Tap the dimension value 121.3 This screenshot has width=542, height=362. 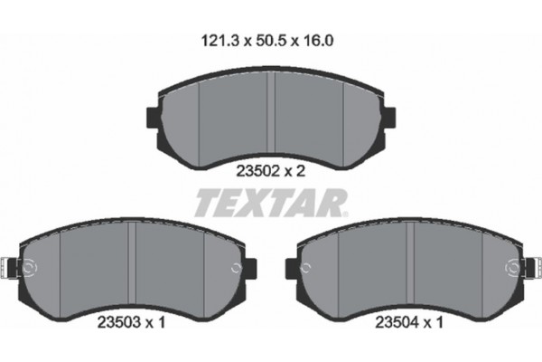pos(217,41)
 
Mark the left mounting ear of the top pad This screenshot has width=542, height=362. pos(154,118)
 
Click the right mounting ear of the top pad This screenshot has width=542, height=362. pos(389,118)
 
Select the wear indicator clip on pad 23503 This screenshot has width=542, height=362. pos(12,268)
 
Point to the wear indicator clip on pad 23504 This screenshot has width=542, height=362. pos(530,268)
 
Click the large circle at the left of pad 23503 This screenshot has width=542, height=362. pos(29,268)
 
